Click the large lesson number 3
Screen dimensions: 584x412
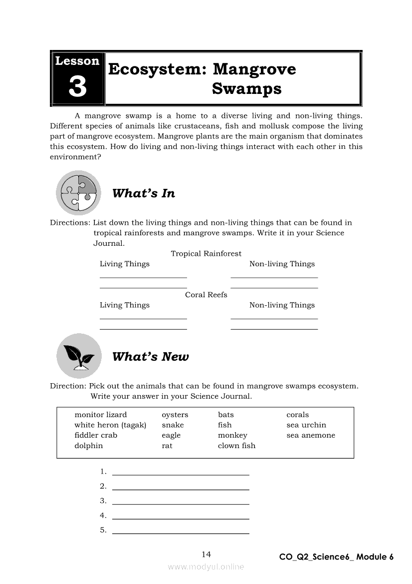(77, 87)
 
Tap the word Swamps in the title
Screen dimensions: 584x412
(246, 89)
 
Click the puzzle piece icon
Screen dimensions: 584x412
(78, 193)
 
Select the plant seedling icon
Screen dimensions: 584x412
(78, 356)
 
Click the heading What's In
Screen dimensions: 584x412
(144, 193)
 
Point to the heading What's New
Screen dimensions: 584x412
(150, 356)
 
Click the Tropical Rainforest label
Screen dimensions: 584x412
(206, 254)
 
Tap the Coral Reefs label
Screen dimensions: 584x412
(206, 295)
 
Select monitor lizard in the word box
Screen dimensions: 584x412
(101, 415)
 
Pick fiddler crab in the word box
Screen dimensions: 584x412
(96, 435)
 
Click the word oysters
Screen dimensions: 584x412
(175, 415)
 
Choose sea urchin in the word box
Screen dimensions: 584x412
(306, 425)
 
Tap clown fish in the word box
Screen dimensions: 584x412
(236, 446)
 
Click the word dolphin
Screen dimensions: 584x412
(89, 446)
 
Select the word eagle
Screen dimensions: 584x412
(171, 435)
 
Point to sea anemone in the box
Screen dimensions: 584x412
(311, 435)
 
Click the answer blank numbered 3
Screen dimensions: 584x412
(181, 501)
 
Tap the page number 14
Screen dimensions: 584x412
(206, 554)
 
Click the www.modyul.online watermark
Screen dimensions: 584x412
(206, 567)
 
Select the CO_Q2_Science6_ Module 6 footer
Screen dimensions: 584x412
(336, 557)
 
